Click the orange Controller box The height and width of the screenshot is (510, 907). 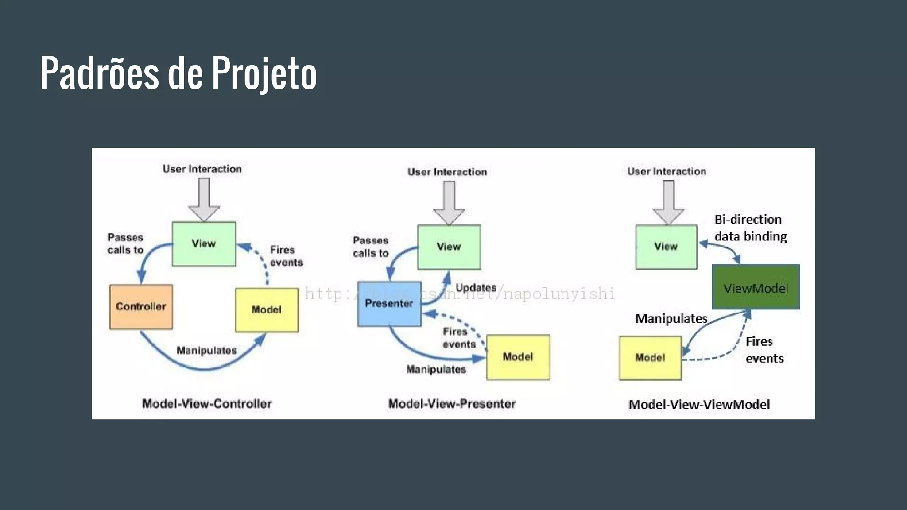[x=141, y=307]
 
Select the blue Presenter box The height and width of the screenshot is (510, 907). [x=389, y=304]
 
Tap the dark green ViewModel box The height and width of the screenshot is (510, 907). [x=756, y=287]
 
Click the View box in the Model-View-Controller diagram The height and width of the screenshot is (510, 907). [x=204, y=244]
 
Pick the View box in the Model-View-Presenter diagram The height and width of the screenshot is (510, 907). [x=449, y=247]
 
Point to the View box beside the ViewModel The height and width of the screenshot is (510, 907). [x=666, y=247]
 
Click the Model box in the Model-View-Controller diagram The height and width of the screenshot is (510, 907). [x=267, y=310]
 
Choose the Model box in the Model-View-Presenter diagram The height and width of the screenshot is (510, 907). [x=518, y=357]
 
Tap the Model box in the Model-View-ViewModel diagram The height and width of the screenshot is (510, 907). [x=650, y=358]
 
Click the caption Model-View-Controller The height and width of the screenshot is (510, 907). [x=207, y=404]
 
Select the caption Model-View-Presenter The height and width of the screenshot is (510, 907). [x=452, y=404]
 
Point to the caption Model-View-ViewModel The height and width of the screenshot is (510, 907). [x=699, y=405]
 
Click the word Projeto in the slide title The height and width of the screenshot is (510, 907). [x=264, y=73]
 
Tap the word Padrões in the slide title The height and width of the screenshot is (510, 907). [x=99, y=73]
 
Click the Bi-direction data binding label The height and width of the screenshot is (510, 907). [x=750, y=228]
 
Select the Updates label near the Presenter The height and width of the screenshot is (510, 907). [x=476, y=288]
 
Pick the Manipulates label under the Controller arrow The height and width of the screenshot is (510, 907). [x=206, y=351]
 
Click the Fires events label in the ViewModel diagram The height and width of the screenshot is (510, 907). [x=764, y=350]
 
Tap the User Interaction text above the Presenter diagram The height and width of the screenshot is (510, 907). [x=447, y=172]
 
